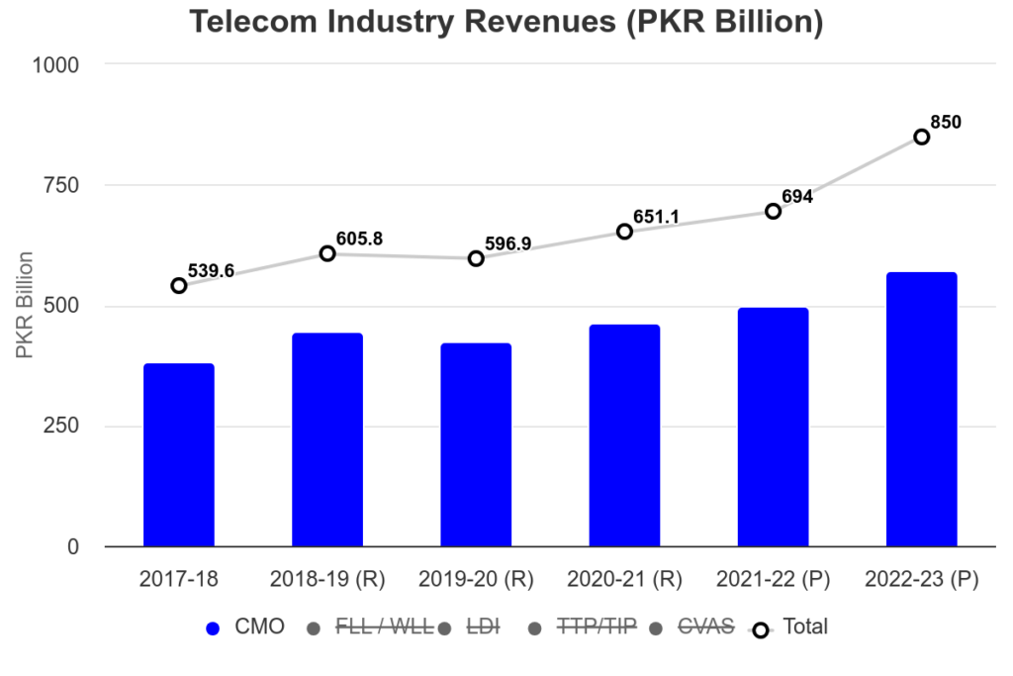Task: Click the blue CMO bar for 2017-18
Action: [179, 455]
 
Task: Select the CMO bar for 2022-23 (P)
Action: [921, 410]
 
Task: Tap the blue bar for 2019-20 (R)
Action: [476, 445]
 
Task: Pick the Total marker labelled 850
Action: [921, 137]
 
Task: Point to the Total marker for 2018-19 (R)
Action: [327, 253]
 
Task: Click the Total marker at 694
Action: [773, 211]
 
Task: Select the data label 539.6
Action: [211, 271]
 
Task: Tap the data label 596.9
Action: [508, 243]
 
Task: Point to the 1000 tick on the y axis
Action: [58, 64]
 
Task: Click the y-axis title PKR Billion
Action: [26, 306]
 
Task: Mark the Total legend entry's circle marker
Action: [761, 628]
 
